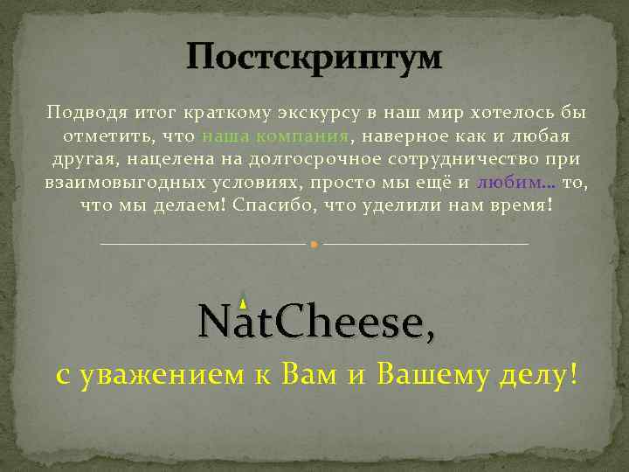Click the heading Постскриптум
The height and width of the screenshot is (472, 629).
314,59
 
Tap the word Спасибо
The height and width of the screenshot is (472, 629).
276,205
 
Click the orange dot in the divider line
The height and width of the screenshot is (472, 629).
314,244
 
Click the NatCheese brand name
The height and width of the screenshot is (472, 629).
314,323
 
